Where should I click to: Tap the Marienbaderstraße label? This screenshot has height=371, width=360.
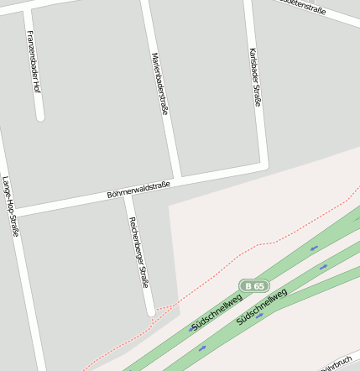[159, 83]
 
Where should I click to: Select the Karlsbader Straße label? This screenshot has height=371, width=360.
[254, 76]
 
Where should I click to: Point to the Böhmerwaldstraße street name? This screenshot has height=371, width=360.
[138, 190]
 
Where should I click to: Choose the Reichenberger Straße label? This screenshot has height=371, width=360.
[138, 253]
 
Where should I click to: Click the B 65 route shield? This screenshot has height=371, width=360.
[253, 286]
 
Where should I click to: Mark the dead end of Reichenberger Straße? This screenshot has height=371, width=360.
[151, 312]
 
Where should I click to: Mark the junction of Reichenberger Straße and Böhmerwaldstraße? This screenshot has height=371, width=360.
[128, 198]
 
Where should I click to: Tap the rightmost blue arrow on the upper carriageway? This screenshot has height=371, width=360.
[314, 248]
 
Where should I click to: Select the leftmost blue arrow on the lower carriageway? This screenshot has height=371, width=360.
[201, 347]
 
